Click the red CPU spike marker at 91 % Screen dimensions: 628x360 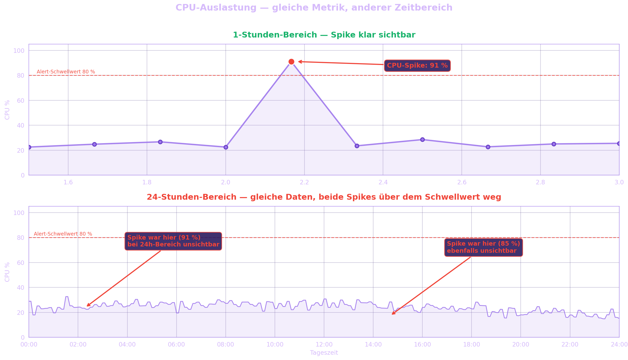point(291,62)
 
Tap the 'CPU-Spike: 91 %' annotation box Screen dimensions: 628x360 point(417,66)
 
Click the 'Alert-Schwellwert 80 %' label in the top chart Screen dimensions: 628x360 point(66,72)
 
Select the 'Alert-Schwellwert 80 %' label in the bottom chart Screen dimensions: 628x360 point(63,234)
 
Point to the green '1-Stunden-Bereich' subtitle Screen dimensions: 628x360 point(275,35)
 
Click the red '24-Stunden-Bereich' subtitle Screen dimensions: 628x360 point(192,197)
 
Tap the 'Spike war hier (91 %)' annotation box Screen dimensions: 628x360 point(173,241)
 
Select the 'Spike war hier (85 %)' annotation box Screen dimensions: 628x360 point(484,247)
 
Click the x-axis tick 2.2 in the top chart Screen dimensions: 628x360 point(304,183)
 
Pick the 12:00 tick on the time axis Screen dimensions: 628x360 point(324,345)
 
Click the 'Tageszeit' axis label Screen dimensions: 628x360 point(324,353)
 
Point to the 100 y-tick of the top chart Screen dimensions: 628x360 point(19,51)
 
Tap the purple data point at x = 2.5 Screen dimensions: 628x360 point(422,140)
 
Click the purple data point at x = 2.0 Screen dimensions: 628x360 point(226,147)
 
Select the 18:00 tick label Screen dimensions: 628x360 point(472,345)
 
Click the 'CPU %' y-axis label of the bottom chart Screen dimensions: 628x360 point(7,272)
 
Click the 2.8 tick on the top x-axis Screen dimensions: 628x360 point(541,183)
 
